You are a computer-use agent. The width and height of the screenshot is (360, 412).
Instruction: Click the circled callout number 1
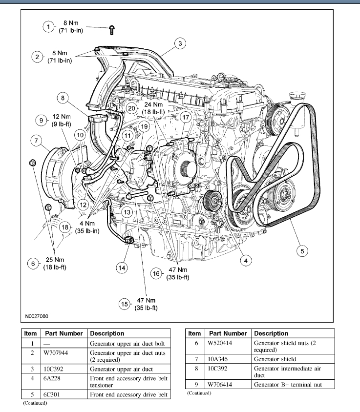coord(48,27)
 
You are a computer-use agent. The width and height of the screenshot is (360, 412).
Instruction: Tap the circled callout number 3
coord(180,44)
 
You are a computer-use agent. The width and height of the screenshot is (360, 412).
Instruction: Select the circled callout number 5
coord(302,251)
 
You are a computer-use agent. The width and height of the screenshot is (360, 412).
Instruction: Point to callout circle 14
coord(122,267)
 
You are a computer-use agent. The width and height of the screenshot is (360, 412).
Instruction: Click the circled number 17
coord(185,117)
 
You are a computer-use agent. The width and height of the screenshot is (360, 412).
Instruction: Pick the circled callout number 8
coord(63,98)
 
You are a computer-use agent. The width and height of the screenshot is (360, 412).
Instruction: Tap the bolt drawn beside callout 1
coord(112,31)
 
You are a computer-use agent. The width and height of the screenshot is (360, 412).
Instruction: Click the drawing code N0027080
coord(37,316)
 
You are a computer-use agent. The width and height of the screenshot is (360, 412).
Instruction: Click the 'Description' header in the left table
coord(107,333)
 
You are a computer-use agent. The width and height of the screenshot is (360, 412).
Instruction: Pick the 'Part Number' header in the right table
coord(228,333)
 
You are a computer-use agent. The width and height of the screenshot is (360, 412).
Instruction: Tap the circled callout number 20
coord(131,108)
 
